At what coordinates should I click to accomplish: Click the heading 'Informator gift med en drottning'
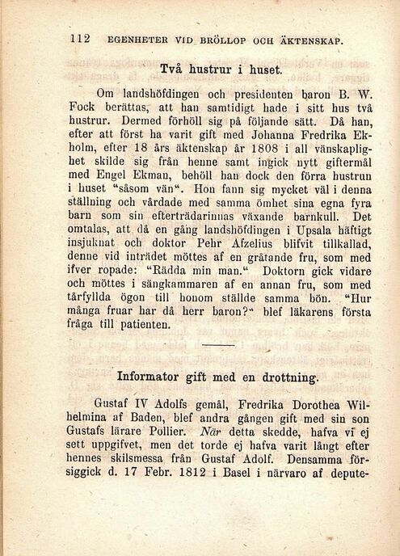[x=218, y=377]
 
